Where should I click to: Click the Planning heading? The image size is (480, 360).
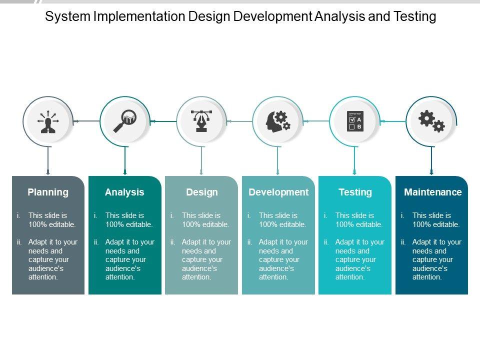click(48, 192)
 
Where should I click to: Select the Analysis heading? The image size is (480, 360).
click(124, 192)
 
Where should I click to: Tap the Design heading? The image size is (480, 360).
click(201, 192)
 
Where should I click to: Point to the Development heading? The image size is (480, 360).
click(278, 192)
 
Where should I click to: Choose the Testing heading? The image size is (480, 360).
click(355, 192)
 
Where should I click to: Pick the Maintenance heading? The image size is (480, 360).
click(433, 192)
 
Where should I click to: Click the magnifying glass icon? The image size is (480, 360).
click(125, 121)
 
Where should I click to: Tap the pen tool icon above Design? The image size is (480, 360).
click(201, 121)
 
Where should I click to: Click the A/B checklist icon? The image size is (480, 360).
click(355, 121)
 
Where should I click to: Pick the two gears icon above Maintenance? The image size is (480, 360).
click(431, 121)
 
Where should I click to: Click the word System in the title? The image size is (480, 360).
click(67, 16)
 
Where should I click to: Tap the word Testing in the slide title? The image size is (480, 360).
click(415, 16)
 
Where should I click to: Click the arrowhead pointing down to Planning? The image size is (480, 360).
click(48, 172)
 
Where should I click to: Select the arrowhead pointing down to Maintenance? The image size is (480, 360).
click(431, 172)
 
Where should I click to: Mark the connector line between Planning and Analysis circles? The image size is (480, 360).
click(86, 121)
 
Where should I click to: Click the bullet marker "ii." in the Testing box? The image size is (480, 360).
click(326, 242)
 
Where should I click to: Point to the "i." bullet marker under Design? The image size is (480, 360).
click(172, 215)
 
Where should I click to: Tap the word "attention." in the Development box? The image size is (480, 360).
click(273, 277)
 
